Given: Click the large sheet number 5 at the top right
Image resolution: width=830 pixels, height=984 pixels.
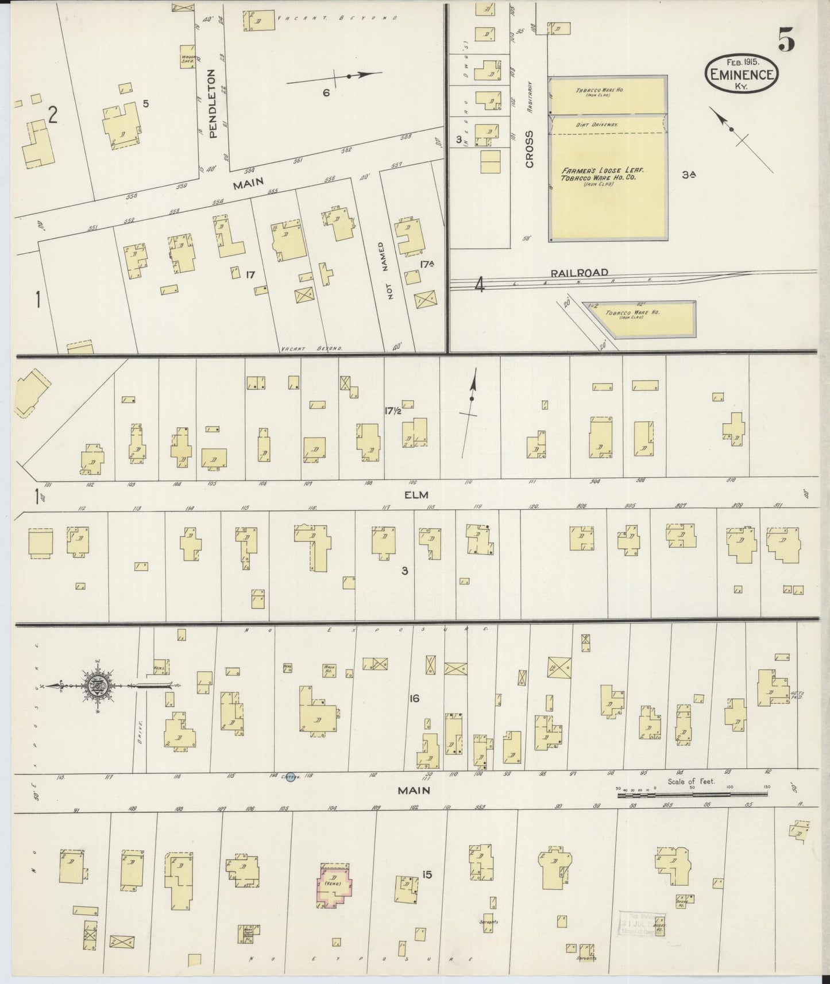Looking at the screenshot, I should tap(786, 40).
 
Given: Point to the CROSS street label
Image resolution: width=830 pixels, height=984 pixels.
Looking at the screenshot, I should tap(529, 149).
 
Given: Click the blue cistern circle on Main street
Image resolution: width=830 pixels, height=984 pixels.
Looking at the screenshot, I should tap(290, 776).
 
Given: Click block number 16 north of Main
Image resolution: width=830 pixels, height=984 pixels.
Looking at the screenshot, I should tap(414, 699).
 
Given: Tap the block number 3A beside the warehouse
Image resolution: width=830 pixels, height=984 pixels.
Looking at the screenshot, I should tap(689, 176).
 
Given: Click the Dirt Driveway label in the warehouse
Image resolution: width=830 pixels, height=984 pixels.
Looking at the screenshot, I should tap(607, 124).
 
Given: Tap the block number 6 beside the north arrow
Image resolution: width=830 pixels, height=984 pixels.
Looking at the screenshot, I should tap(326, 92).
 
